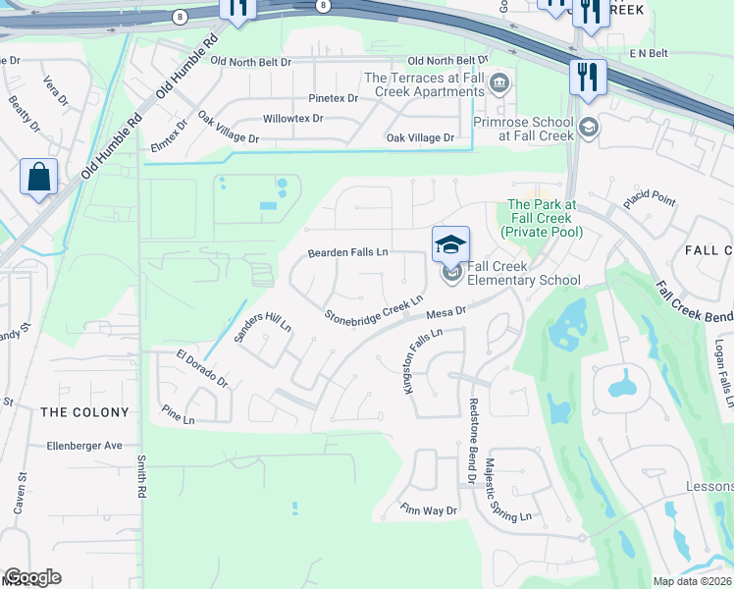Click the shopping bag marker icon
click(x=38, y=178)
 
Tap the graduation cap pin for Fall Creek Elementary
click(x=451, y=244)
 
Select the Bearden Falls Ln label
click(x=348, y=252)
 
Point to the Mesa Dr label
click(x=446, y=313)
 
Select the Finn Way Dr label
click(x=429, y=510)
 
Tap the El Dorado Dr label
click(x=201, y=367)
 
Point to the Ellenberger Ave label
click(x=84, y=446)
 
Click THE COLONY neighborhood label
click(x=84, y=412)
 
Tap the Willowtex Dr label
click(x=292, y=119)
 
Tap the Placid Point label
click(x=650, y=200)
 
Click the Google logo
click(x=32, y=577)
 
